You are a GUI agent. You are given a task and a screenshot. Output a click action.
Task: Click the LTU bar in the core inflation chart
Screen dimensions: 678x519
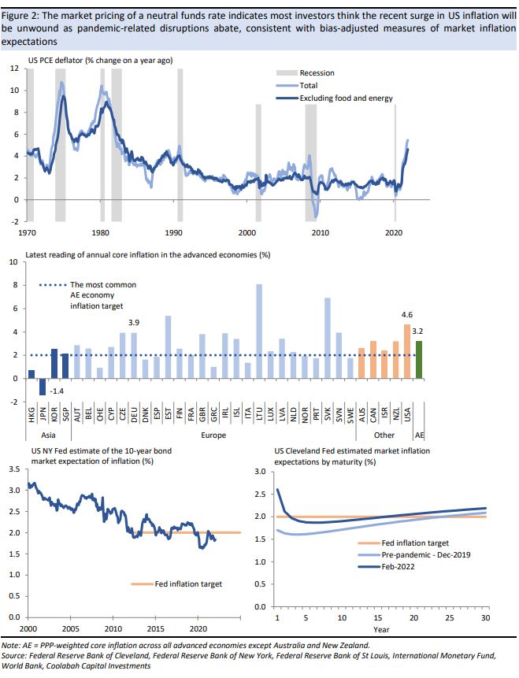coord(259,332)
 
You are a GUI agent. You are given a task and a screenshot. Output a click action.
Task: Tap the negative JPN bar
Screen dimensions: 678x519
coord(43,387)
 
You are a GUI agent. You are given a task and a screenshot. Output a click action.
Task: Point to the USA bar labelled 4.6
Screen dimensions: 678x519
coord(407,351)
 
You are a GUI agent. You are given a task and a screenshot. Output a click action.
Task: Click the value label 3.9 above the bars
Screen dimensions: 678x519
coord(134,323)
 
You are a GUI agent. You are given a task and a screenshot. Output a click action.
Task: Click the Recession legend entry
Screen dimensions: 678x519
coord(317,73)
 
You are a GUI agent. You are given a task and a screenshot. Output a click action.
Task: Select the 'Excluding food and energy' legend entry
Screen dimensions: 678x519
coord(346,98)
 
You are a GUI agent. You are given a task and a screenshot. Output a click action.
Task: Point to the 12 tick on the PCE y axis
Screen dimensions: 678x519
coord(13,69)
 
